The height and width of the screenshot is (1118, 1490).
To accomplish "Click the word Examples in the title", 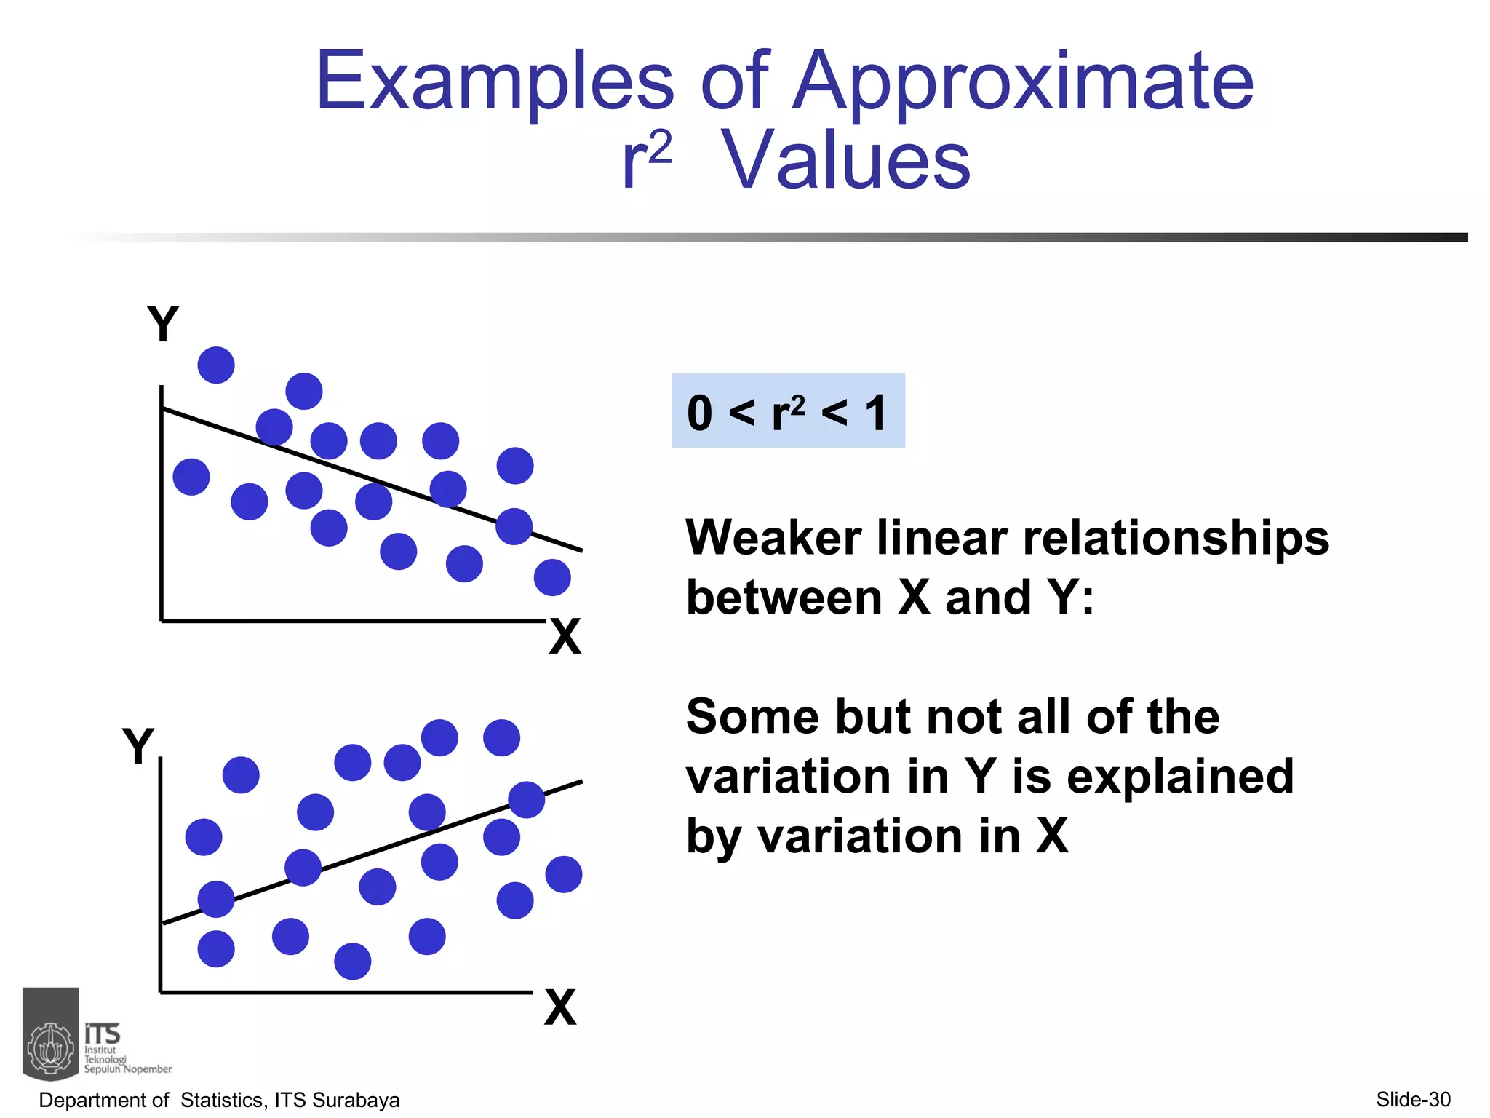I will click(495, 82).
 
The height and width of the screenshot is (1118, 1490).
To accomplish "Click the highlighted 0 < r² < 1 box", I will click(788, 411).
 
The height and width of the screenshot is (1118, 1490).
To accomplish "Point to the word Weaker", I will click(773, 539).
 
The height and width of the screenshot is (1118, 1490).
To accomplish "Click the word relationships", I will click(1176, 539).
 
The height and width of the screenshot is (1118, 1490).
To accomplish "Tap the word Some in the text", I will click(752, 717).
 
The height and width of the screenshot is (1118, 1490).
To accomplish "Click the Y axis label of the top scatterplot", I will click(163, 323).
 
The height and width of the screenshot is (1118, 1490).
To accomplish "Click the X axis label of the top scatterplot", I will click(565, 636).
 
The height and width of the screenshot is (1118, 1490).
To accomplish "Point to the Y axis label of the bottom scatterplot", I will click(138, 745).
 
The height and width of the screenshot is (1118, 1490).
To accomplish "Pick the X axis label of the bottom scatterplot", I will click(560, 1007).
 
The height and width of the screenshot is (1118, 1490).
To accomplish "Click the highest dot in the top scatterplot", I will click(216, 365).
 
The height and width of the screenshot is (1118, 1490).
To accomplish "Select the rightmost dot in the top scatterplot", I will click(552, 577).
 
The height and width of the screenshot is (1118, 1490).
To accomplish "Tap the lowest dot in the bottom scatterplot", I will click(353, 961).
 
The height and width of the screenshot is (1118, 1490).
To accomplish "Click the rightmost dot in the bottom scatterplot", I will click(564, 874).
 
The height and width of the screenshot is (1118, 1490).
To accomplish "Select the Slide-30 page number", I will click(1413, 1099).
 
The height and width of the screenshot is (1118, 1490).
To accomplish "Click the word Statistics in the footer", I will click(223, 1100).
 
